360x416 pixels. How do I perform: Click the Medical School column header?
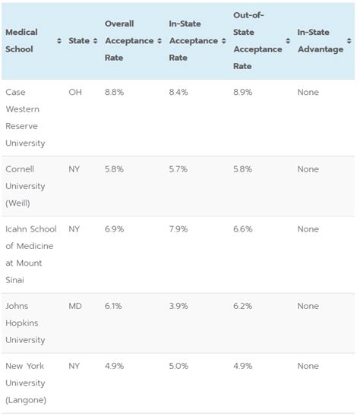click(x=22, y=40)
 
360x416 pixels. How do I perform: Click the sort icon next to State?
click(x=95, y=40)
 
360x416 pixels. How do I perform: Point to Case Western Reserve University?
click(x=25, y=118)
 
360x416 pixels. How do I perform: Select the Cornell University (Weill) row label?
click(x=25, y=186)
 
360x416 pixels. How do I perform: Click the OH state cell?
click(x=75, y=93)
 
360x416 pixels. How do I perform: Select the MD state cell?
click(x=75, y=306)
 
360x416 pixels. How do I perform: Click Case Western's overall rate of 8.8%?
click(x=115, y=93)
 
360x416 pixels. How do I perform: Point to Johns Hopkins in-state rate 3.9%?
click(x=178, y=306)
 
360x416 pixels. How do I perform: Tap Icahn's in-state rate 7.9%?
click(x=178, y=229)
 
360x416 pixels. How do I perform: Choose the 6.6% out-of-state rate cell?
click(x=243, y=229)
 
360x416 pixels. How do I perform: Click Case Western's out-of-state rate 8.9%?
click(x=243, y=93)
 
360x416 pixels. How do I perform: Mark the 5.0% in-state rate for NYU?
click(x=178, y=366)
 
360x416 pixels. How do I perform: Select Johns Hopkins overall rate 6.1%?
click(x=114, y=306)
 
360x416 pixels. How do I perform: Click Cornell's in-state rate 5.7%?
click(x=178, y=169)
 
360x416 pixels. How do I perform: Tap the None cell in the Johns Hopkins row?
click(x=308, y=306)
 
